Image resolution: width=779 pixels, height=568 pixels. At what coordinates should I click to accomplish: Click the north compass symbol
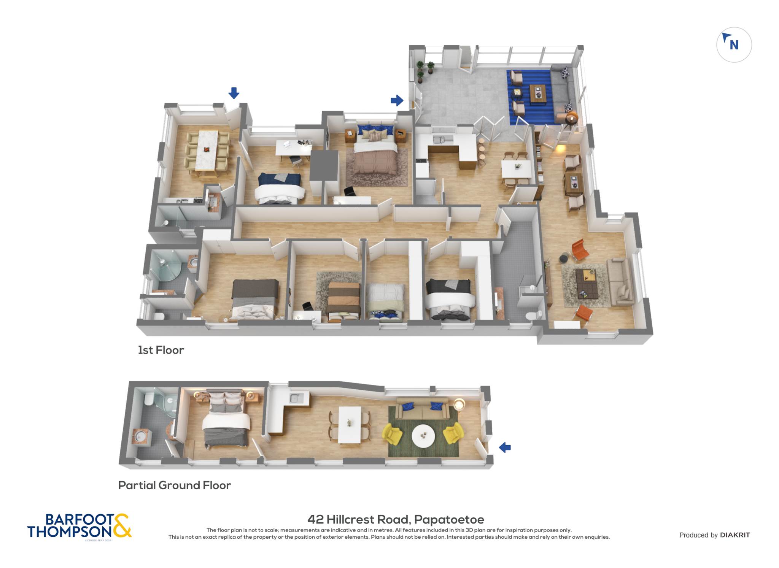tap(734, 44)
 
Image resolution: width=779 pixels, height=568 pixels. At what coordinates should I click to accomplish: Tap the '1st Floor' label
tap(161, 350)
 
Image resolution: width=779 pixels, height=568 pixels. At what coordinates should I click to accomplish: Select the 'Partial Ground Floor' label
tap(175, 485)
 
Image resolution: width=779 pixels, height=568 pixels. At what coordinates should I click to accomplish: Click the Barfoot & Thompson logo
tap(79, 526)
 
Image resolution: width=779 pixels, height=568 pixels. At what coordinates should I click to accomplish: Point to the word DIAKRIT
tap(735, 535)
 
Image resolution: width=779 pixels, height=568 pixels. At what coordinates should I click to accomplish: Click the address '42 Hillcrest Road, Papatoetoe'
tap(396, 519)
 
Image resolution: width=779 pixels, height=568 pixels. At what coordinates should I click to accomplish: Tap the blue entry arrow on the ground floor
tap(505, 447)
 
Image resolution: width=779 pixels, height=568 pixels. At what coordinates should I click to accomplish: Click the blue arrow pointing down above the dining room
tap(234, 93)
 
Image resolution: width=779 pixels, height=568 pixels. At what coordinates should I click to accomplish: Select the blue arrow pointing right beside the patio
tap(397, 100)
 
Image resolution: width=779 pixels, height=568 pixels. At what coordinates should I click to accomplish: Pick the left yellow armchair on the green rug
tap(392, 434)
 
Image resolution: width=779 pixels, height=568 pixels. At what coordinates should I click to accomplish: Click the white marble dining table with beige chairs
tap(207, 150)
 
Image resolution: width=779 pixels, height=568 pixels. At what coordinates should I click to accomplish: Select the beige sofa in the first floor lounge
tap(620, 281)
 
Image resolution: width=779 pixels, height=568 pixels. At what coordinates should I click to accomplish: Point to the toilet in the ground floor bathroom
tap(149, 399)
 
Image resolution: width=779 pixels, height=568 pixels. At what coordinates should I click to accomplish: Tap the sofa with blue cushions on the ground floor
tap(422, 408)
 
